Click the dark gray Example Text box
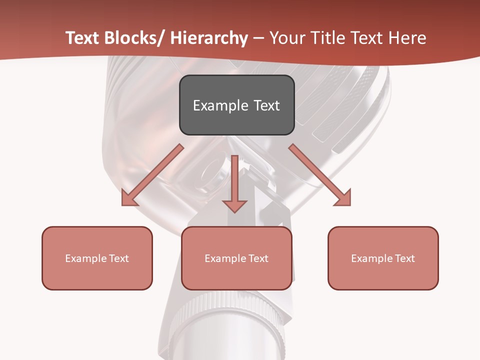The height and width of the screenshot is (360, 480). pyautogui.click(x=236, y=105)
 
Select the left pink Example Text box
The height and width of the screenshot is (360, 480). pyautogui.click(x=97, y=258)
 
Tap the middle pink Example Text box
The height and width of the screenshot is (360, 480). pyautogui.click(x=236, y=258)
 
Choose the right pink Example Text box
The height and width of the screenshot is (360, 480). pyautogui.click(x=383, y=258)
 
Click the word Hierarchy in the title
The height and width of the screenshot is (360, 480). pyautogui.click(x=209, y=38)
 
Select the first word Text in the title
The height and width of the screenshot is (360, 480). pyautogui.click(x=84, y=38)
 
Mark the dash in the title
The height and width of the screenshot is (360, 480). pyautogui.click(x=258, y=39)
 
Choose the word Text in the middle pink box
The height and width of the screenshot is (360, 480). pyautogui.click(x=258, y=258)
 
